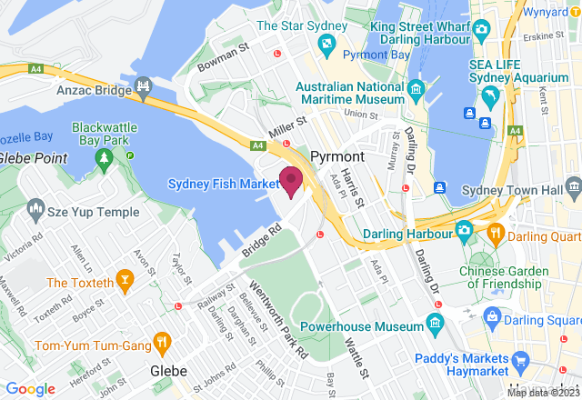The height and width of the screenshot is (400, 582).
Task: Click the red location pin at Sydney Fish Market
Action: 290,180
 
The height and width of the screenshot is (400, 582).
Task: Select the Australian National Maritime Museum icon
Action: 416,88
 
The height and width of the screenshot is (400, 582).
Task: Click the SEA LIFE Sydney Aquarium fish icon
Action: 491,95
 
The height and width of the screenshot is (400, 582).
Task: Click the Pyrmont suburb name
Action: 337,156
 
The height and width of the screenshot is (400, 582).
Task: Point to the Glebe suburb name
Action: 168,371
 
